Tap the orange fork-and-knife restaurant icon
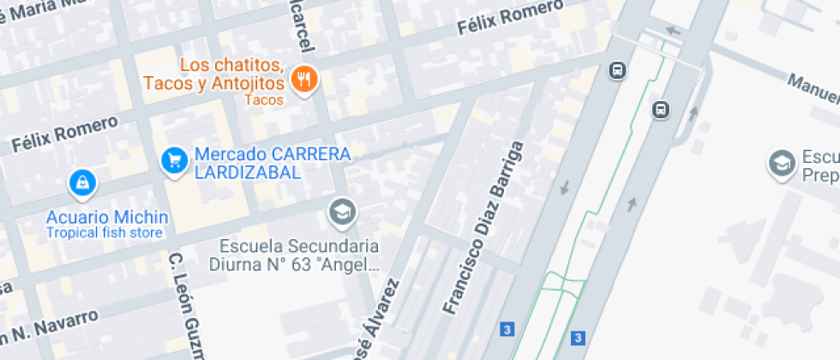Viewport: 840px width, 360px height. [303, 81]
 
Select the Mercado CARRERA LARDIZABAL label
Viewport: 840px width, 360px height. [273, 164]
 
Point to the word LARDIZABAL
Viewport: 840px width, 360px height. [248, 172]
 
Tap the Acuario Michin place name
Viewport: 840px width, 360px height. [107, 217]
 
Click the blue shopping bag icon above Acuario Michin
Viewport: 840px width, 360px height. [82, 182]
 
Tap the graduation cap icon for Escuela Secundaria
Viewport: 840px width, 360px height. [343, 210]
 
